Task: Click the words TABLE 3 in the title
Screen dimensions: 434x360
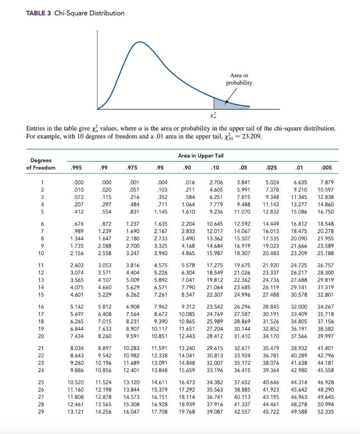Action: tap(39, 13)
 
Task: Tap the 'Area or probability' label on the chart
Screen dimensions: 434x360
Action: tap(239, 79)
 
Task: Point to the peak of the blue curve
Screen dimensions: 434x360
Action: tap(139, 42)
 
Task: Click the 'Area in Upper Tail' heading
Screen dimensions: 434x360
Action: tap(201, 156)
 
